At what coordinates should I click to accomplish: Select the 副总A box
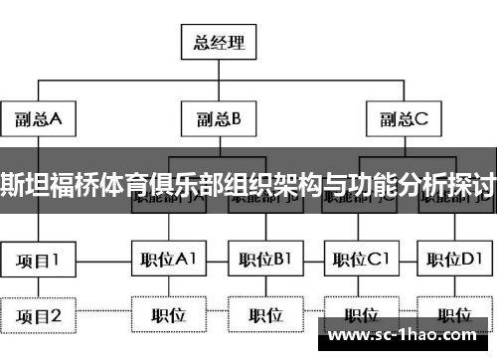tap(39, 120)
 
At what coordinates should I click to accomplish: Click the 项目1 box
tap(39, 261)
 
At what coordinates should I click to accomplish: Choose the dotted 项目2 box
tap(39, 316)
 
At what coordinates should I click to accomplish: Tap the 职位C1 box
tap(361, 261)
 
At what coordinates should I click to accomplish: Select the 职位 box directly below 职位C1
tap(361, 316)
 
